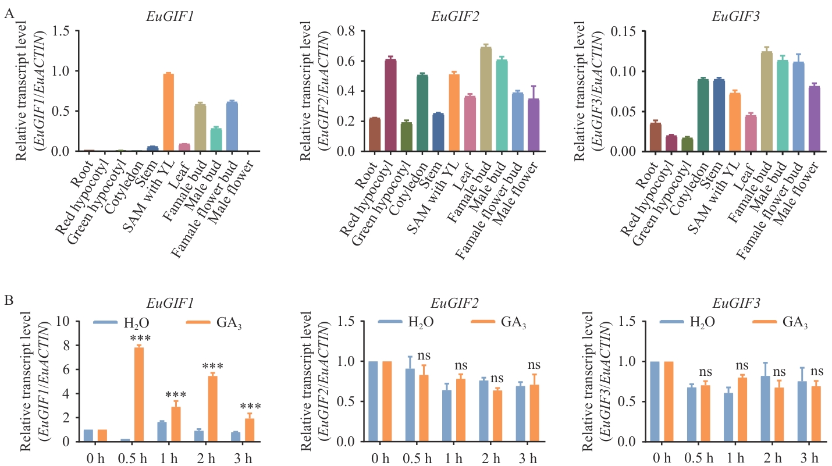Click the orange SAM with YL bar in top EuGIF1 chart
(168, 112)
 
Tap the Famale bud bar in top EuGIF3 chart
(750, 101)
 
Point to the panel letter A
(9, 15)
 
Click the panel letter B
(9, 301)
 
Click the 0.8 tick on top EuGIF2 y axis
(347, 31)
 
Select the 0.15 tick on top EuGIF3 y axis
(627, 31)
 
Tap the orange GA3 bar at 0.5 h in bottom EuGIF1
(139, 394)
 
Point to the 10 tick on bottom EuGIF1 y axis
(67, 322)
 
